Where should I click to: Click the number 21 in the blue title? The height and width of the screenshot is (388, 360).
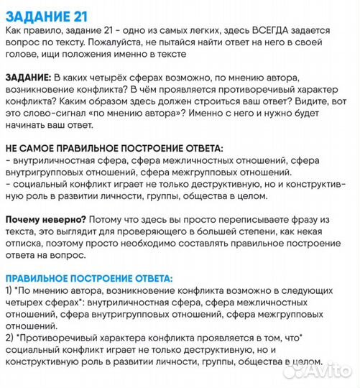tap(84, 14)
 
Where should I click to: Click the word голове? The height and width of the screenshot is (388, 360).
tap(22, 53)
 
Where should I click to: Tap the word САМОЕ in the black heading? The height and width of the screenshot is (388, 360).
tap(42, 147)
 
